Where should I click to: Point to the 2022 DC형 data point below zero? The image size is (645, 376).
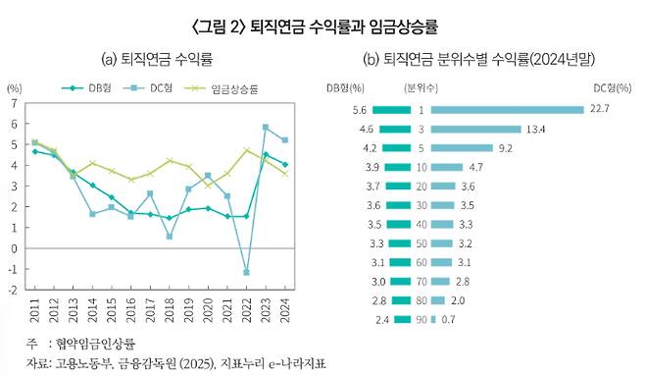246,272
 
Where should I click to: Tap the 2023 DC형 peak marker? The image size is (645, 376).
266,127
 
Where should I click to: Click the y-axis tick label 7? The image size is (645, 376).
14,103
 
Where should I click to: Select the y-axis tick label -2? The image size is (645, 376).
12,291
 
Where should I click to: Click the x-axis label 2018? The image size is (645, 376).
170,312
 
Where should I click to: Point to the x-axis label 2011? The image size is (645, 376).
34,312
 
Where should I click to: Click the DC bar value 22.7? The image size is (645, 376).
600,109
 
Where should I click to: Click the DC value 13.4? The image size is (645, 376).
536,129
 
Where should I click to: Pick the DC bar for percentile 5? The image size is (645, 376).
462,147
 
